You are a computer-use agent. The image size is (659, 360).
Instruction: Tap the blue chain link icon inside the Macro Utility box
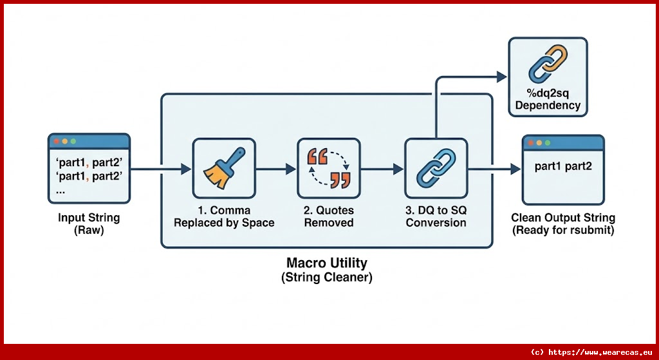[x=436, y=168]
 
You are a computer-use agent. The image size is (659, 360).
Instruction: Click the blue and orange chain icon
[x=548, y=65]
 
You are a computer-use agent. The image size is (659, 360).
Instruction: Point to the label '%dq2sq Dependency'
[x=548, y=99]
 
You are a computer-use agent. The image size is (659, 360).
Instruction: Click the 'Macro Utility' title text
[x=327, y=263]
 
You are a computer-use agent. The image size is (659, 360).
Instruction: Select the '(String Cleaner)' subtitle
[x=327, y=278]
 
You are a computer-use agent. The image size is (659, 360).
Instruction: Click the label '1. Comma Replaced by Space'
[x=224, y=216]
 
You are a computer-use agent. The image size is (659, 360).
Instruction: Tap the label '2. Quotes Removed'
[x=329, y=216]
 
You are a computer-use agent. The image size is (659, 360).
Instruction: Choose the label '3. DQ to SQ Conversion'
[x=436, y=216]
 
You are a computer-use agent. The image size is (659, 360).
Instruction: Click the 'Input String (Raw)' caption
[x=89, y=224]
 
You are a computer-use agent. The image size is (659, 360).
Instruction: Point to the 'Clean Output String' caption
[x=563, y=218]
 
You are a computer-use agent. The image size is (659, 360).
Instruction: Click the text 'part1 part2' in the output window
[x=563, y=166]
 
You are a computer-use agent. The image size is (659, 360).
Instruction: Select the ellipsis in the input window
[x=60, y=191]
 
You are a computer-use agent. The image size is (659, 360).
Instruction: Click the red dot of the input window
[x=56, y=141]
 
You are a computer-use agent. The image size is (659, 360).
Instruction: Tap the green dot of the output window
[x=548, y=142]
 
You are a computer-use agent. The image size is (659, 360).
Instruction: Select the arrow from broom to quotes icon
[x=276, y=169]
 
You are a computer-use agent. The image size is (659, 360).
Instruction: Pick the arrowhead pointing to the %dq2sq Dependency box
[x=501, y=76]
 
